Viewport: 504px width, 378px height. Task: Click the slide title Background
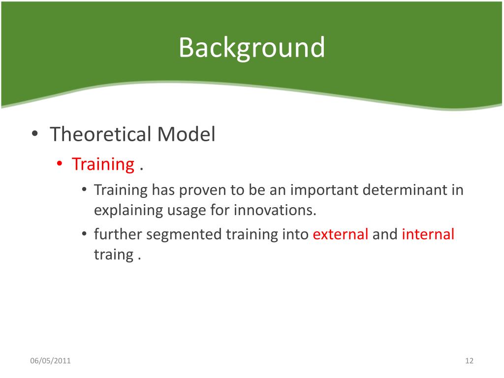click(x=252, y=48)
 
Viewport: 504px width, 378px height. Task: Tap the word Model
click(x=186, y=134)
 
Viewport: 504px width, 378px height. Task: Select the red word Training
click(x=103, y=164)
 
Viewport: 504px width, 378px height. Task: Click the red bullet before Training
click(x=60, y=163)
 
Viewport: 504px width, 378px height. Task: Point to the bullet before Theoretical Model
click(x=35, y=133)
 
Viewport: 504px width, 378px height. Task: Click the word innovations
click(x=275, y=210)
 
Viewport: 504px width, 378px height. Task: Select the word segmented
click(x=184, y=235)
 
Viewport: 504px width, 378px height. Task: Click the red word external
click(x=341, y=234)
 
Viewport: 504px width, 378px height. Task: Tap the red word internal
click(x=428, y=234)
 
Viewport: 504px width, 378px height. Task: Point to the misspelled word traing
click(x=114, y=254)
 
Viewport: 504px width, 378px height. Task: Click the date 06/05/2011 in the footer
click(x=51, y=361)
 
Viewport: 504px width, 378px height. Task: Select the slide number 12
click(x=469, y=361)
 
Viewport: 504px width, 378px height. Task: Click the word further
click(x=118, y=234)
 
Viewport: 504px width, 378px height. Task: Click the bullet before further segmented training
click(x=84, y=234)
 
